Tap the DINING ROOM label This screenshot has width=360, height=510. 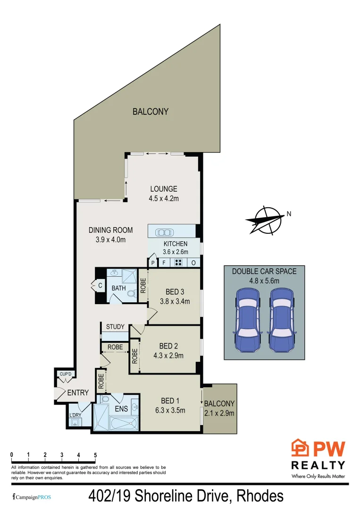pyautogui.click(x=110, y=230)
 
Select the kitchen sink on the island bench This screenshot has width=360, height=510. pyautogui.click(x=165, y=232)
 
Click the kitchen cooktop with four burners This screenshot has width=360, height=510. pyautogui.click(x=178, y=263)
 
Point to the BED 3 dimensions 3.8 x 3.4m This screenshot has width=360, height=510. pyautogui.click(x=174, y=301)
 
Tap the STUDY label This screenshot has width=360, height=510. pyautogui.click(x=115, y=327)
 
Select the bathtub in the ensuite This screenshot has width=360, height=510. pyautogui.click(x=124, y=425)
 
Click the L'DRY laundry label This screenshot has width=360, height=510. pyautogui.click(x=75, y=415)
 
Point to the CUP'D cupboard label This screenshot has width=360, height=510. pyautogui.click(x=65, y=375)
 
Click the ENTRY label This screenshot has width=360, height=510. pyautogui.click(x=78, y=392)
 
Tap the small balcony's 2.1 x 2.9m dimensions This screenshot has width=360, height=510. pyautogui.click(x=219, y=413)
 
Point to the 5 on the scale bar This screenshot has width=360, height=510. pyautogui.click(x=95, y=455)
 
